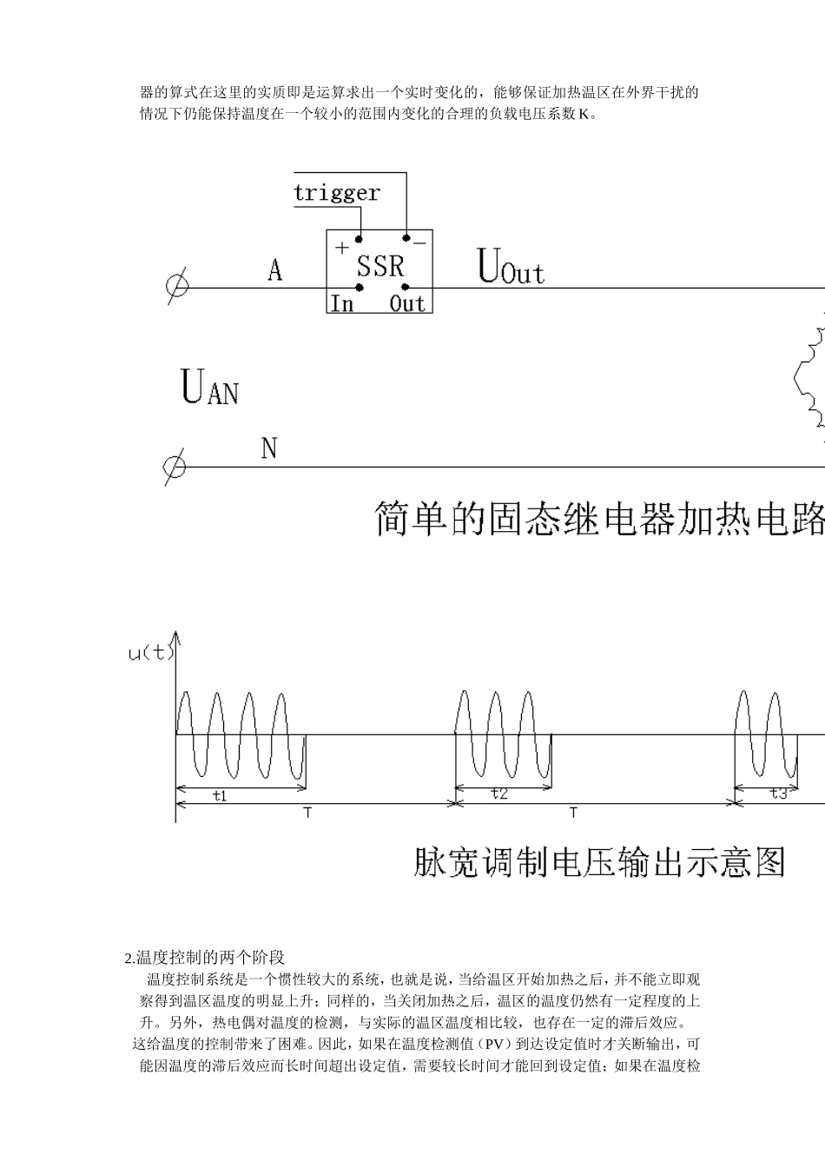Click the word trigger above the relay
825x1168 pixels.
337,193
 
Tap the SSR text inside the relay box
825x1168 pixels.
380,266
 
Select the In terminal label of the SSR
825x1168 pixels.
342,303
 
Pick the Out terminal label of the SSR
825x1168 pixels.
406,303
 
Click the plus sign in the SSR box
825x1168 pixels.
342,248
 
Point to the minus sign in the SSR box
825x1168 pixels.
419,243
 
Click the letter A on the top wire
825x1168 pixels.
274,271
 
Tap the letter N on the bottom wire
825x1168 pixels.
269,449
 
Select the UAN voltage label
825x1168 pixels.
209,388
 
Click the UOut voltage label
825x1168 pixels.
511,268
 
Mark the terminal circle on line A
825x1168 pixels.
177,287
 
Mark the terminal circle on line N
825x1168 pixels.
175,467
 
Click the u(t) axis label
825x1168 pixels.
151,653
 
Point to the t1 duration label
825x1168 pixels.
220,795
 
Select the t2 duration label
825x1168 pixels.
498,793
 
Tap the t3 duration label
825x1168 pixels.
778,793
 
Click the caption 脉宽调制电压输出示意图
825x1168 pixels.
599,861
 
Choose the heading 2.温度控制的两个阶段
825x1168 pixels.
205,958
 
